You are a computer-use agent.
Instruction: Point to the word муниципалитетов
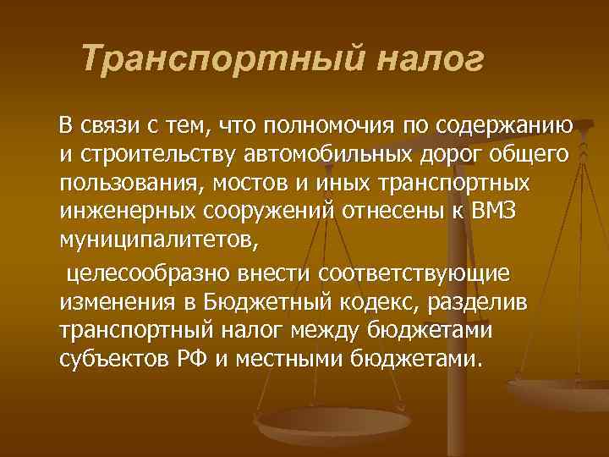coord(155,241)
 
